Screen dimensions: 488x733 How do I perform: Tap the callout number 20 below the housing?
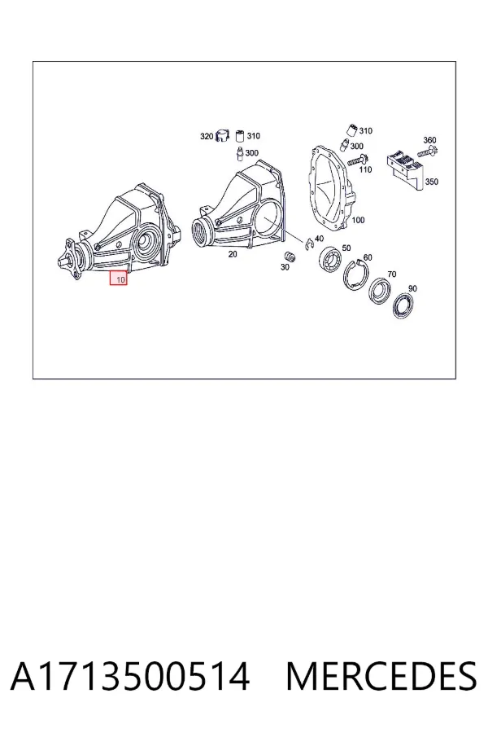(233, 254)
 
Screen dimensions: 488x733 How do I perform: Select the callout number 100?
(358, 220)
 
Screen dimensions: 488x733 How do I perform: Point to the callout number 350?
(432, 182)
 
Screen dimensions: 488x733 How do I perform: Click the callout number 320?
(207, 137)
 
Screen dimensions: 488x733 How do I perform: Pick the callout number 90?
(413, 288)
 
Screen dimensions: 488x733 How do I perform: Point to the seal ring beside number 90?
(403, 305)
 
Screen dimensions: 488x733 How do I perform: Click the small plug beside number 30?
(290, 257)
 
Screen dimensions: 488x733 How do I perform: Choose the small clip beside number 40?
(309, 244)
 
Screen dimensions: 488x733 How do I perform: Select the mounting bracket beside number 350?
(404, 169)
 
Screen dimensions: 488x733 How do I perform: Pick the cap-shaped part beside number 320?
(222, 137)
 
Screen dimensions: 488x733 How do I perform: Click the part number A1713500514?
(130, 676)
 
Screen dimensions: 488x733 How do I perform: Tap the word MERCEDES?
(381, 676)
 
